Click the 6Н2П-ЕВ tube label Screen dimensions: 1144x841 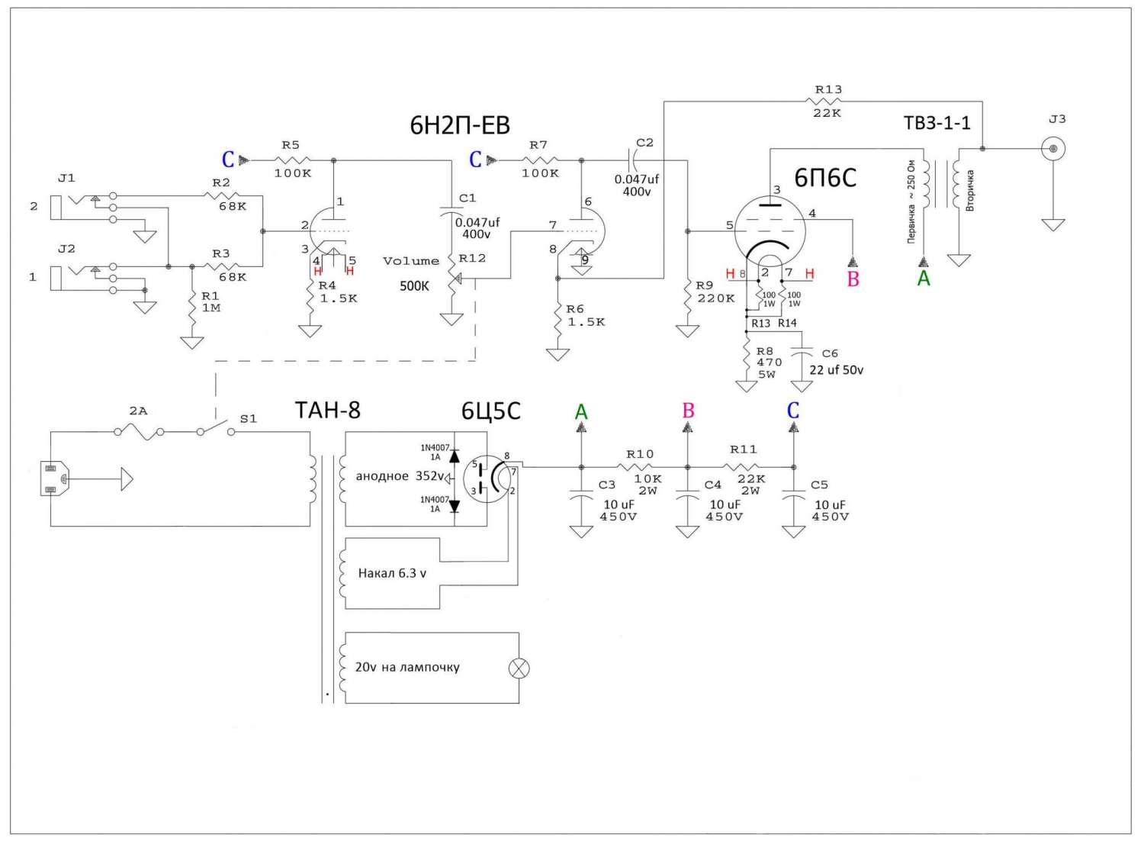tap(460, 125)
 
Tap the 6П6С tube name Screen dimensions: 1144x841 tap(824, 178)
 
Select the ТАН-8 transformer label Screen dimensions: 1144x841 tap(327, 410)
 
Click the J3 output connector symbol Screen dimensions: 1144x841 tap(1053, 149)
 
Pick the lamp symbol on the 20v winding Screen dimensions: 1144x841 tap(519, 668)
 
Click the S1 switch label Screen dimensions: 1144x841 tap(248, 419)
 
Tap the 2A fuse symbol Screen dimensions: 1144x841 tap(139, 432)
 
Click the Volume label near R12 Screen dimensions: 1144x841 tap(411, 261)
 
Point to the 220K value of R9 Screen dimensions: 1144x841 tap(716, 298)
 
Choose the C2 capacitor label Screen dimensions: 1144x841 tap(645, 143)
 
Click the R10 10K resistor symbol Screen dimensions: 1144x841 tap(635, 466)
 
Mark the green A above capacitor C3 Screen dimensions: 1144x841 tap(581, 411)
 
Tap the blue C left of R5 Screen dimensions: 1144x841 tap(228, 160)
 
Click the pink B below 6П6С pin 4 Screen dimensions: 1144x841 tap(853, 279)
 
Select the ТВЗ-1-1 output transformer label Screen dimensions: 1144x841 tap(937, 123)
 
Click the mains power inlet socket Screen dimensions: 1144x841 tap(53, 478)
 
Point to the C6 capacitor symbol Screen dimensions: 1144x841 tap(802, 353)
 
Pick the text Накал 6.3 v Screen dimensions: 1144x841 tap(392, 573)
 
